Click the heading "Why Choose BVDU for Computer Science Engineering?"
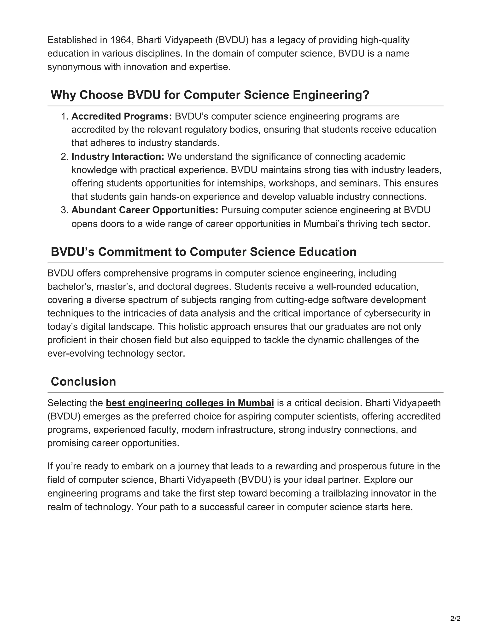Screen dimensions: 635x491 pos(210,95)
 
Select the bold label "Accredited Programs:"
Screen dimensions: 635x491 pos(122,116)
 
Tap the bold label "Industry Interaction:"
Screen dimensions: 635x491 pos(118,156)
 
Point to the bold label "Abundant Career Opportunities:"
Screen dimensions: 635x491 pos(145,210)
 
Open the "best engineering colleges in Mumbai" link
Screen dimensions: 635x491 pos(190,403)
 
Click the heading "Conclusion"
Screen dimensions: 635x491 pos(83,381)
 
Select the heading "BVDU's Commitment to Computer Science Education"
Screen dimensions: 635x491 pos(203,252)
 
